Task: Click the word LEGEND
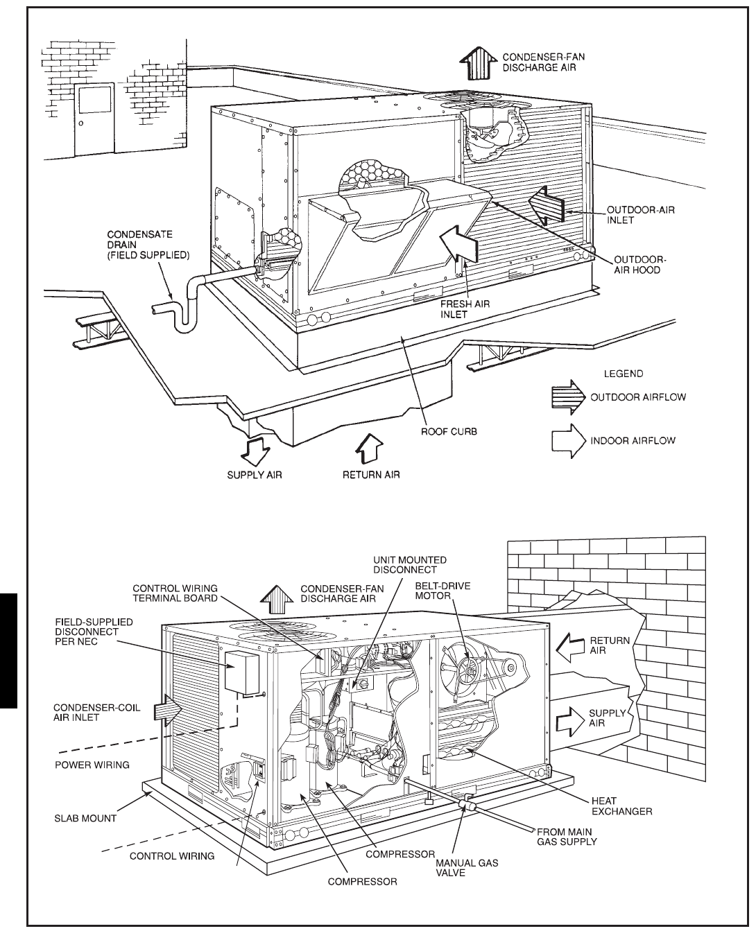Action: coord(624,374)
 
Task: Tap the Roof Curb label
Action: coord(449,431)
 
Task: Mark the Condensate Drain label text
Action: coord(144,245)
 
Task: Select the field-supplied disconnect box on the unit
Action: coord(242,672)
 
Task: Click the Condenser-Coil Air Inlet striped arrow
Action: coord(167,711)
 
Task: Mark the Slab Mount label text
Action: coord(85,818)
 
